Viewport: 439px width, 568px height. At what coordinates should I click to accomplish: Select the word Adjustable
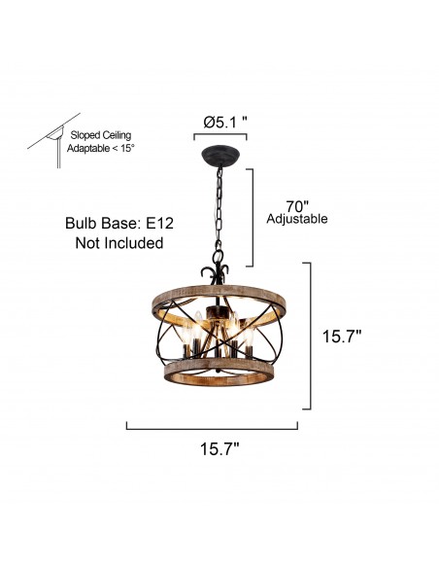point(296,220)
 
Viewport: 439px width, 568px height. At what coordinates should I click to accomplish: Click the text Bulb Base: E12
point(118,223)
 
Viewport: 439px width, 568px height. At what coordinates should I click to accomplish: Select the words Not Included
point(118,243)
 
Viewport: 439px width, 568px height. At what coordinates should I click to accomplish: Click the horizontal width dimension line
point(213,425)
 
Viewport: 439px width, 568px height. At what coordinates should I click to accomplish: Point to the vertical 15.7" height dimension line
point(311,337)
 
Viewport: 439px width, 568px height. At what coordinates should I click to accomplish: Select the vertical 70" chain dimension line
point(253,217)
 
